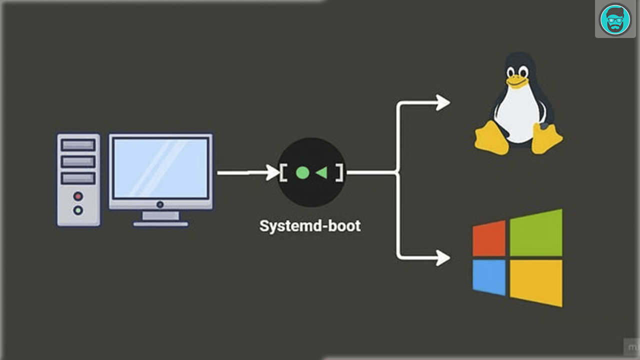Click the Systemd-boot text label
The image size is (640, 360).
(310, 225)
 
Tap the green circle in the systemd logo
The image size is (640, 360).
(302, 173)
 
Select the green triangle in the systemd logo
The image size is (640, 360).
(321, 173)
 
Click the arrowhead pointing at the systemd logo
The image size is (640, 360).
(272, 173)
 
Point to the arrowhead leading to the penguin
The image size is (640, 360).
(442, 102)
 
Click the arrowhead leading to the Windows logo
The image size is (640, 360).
(442, 258)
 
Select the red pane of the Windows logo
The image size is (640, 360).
(489, 238)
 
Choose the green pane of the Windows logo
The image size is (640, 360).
(536, 233)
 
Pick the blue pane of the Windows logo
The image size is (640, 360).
(489, 277)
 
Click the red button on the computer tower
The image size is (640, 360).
(78, 195)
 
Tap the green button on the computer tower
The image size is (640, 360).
(78, 210)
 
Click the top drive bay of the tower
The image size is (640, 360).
(78, 145)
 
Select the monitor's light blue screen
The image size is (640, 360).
(160, 168)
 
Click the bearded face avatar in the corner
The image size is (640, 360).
(615, 19)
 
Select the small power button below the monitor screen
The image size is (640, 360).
(160, 204)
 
